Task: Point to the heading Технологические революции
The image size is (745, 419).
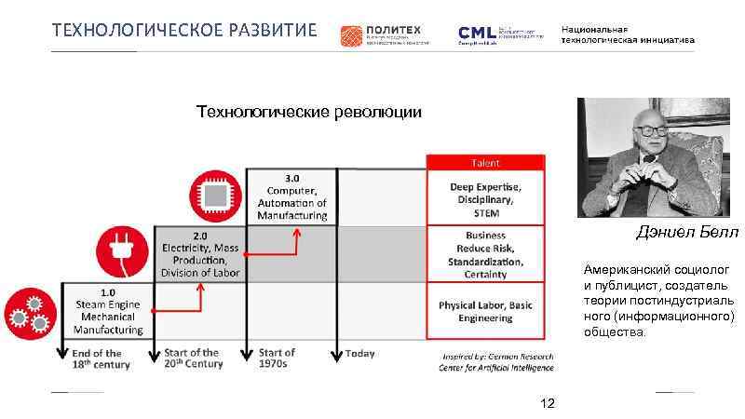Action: pyautogui.click(x=308, y=113)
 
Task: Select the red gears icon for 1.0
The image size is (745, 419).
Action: pyautogui.click(x=29, y=313)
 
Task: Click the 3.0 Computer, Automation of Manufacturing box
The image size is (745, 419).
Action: pyautogui.click(x=292, y=196)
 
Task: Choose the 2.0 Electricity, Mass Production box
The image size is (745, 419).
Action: pyautogui.click(x=200, y=253)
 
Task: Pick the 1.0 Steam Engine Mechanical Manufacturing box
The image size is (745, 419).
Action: pyautogui.click(x=109, y=311)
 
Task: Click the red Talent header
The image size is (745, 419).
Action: pyautogui.click(x=483, y=161)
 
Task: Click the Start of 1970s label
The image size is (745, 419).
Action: pyautogui.click(x=277, y=358)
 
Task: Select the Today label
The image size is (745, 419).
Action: pyautogui.click(x=359, y=354)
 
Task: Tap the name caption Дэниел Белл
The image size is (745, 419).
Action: pyautogui.click(x=687, y=231)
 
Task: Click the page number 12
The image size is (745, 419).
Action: pyautogui.click(x=548, y=403)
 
